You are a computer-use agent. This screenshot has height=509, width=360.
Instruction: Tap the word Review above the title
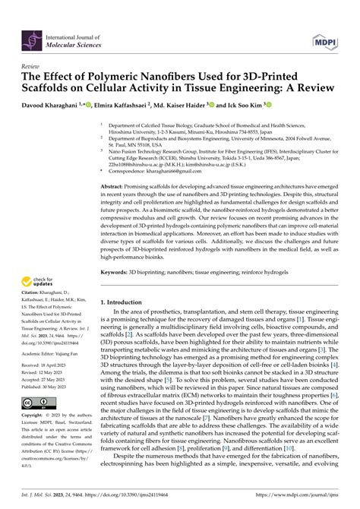(33, 67)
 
